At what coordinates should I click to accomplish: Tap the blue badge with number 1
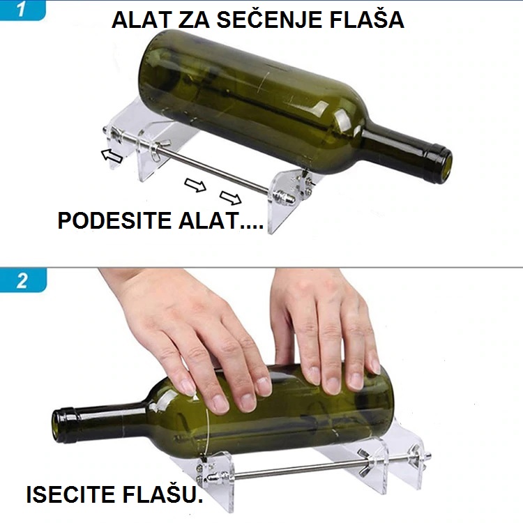[x=22, y=10]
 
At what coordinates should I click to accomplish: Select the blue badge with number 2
[x=23, y=280]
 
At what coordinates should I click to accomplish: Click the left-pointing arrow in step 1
[x=112, y=156]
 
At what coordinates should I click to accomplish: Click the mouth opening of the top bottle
[x=446, y=166]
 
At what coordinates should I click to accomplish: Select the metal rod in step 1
[x=187, y=161]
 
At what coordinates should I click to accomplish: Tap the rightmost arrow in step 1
[x=231, y=198]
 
